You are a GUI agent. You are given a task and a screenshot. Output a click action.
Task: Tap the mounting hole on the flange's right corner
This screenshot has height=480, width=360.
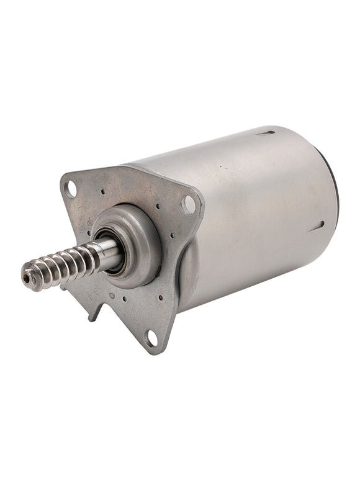coord(189,204)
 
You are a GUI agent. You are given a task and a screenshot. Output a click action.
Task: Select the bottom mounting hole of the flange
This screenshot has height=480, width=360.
coord(150,338)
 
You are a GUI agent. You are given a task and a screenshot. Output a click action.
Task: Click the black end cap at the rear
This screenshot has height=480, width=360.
coord(335,186)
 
